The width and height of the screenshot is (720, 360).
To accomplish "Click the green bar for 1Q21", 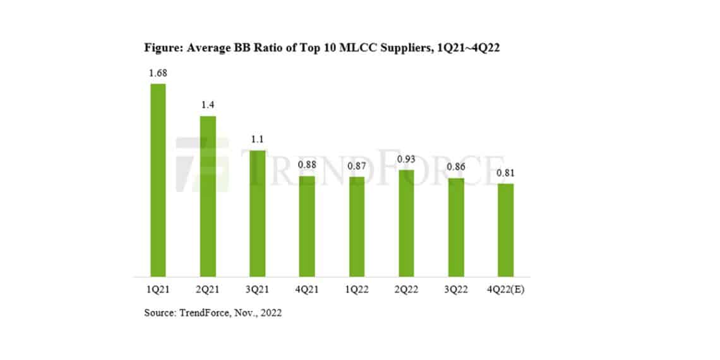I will [x=158, y=180].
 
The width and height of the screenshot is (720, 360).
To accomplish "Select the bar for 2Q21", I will [x=208, y=196].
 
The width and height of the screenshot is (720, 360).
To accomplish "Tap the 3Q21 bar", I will [x=257, y=213].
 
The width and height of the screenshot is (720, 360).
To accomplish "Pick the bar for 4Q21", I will [x=307, y=226].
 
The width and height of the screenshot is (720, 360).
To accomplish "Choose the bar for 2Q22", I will [x=406, y=223].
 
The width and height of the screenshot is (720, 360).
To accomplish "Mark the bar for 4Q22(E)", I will [x=505, y=230].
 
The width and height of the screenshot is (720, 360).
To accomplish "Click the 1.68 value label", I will [x=158, y=73].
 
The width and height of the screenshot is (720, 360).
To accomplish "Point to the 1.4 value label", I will [x=208, y=105].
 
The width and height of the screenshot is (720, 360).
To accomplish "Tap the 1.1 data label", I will [x=257, y=140].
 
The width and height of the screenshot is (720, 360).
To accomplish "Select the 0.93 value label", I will [x=406, y=159].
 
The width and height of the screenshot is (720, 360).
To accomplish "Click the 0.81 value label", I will [x=505, y=173].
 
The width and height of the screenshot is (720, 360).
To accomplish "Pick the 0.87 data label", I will [x=357, y=166].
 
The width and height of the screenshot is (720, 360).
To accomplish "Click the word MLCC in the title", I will [x=359, y=48].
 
